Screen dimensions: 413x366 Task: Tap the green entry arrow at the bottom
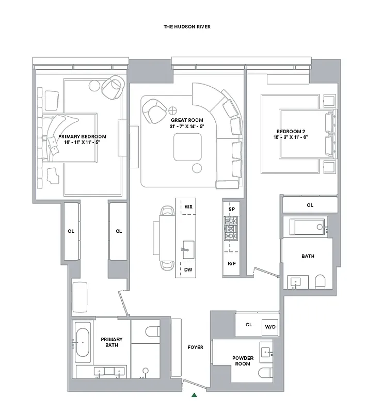coord(194,395)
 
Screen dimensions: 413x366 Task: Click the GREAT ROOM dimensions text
coord(186,126)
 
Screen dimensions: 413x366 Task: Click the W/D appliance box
coord(270,327)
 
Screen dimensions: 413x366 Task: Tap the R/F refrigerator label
coord(232,263)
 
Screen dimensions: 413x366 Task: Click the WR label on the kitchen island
coord(188,208)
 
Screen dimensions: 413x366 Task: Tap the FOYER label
coord(195,347)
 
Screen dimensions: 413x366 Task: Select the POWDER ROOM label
coord(242,360)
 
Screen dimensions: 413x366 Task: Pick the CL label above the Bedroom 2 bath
coord(310,205)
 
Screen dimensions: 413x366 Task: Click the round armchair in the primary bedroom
coord(113,87)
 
